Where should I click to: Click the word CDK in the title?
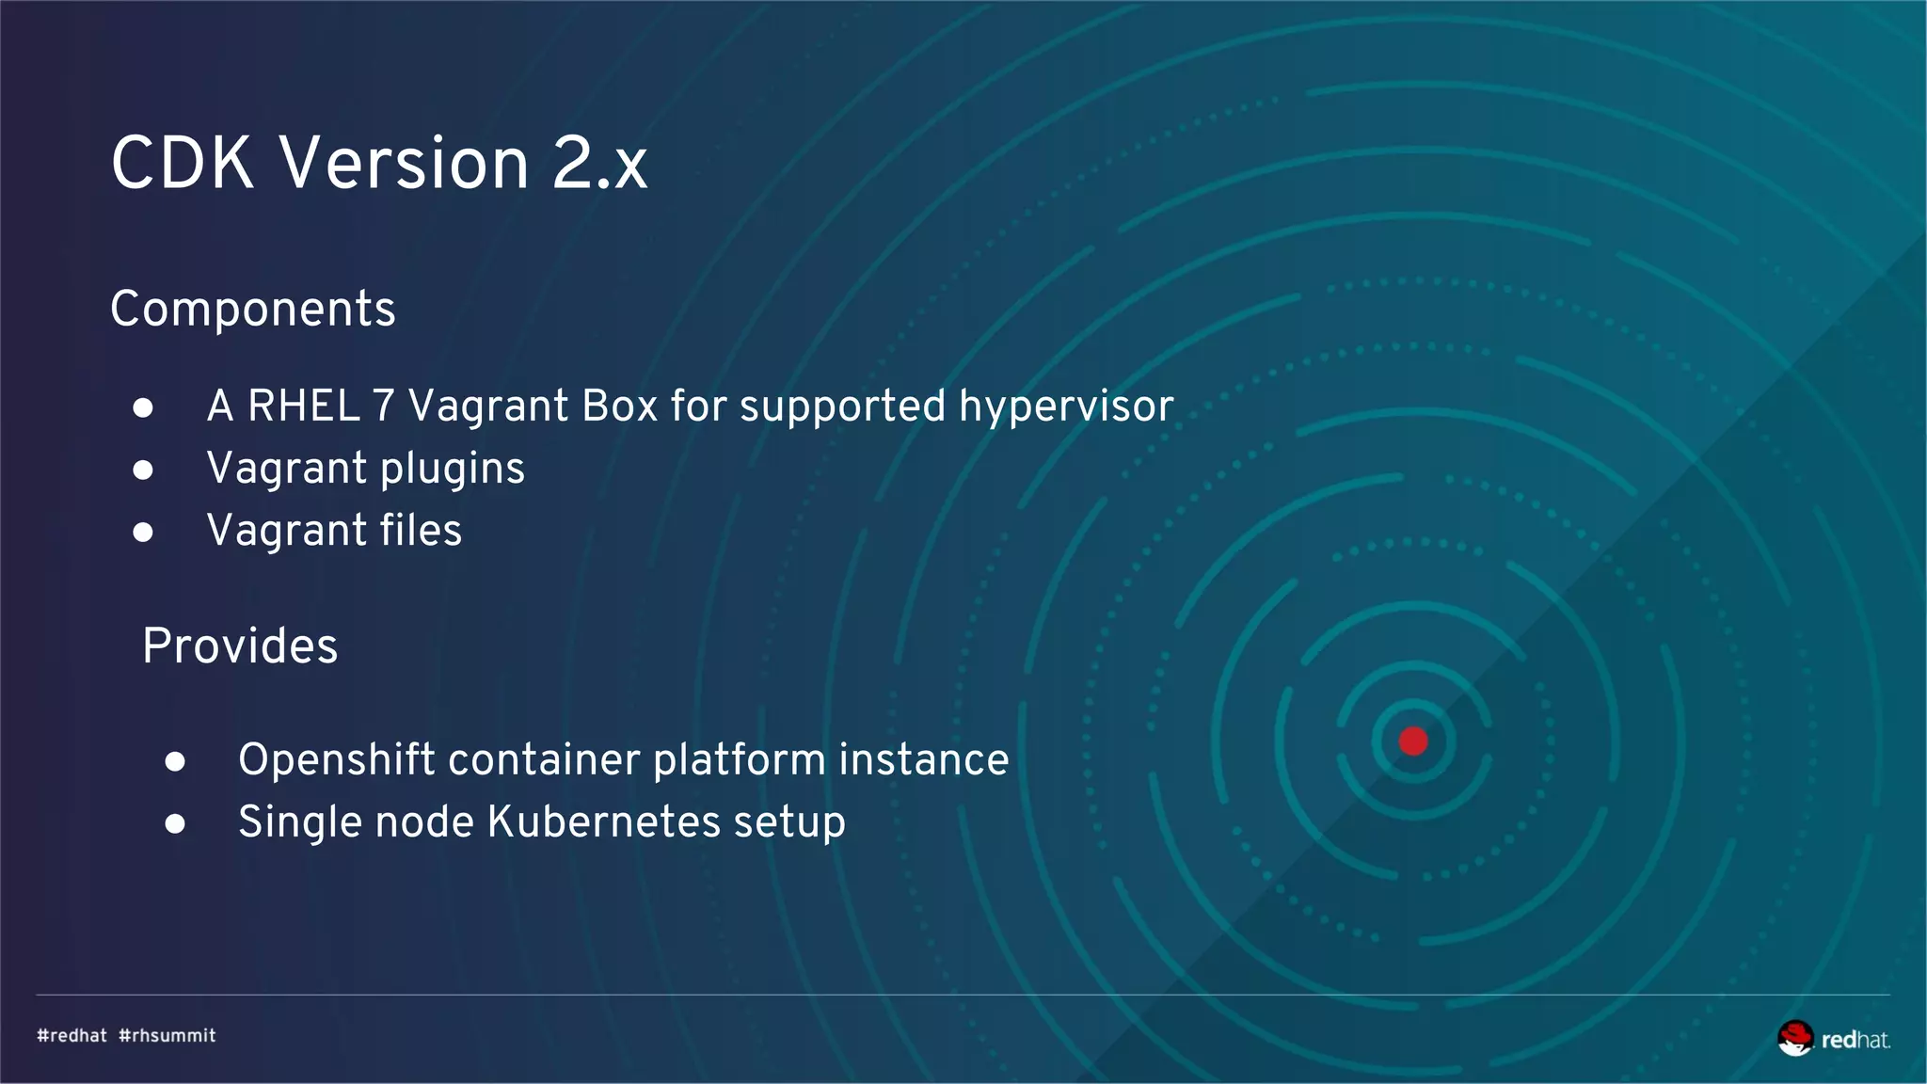tap(183, 163)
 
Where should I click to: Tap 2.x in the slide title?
tap(600, 163)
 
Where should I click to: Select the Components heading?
tap(253, 309)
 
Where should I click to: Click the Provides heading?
tap(240, 646)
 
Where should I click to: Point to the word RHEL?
tap(304, 406)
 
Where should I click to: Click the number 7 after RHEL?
tap(383, 406)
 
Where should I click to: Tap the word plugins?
tap(453, 470)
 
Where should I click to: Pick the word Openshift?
tap(336, 759)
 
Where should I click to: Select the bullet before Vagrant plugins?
tap(143, 470)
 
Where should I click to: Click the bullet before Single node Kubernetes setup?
tap(175, 824)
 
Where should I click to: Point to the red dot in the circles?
tap(1413, 741)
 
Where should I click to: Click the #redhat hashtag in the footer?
tap(72, 1036)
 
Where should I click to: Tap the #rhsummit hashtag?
tap(167, 1036)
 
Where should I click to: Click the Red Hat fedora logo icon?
tap(1795, 1038)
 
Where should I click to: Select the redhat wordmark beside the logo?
tap(1855, 1040)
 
